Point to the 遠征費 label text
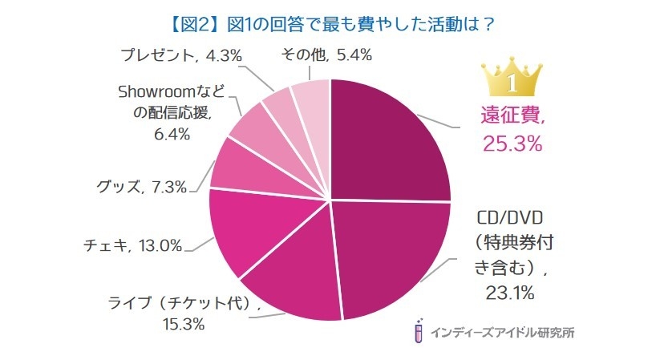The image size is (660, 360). click(x=510, y=118)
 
